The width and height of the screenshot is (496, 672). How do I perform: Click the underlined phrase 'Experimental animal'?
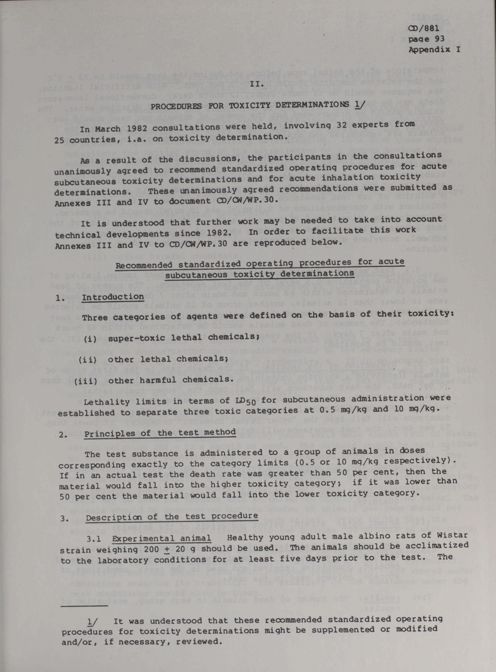[161, 538]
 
